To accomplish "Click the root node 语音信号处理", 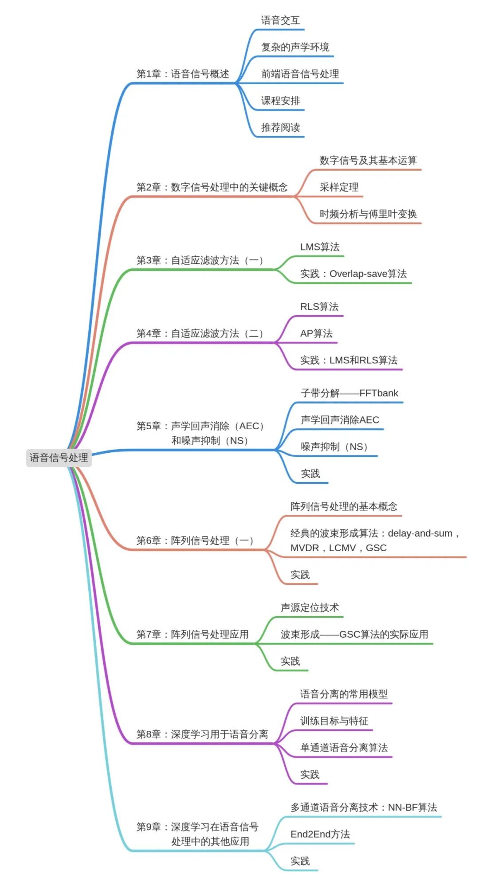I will pos(59,458).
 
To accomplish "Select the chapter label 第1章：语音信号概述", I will pos(182,74).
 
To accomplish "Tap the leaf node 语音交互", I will pos(280,20).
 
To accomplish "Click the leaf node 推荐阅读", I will pos(280,128).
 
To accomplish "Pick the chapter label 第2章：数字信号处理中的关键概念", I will pos(212,187).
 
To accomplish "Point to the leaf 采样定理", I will pos(339,187).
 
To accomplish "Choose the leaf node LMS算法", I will pos(319,247).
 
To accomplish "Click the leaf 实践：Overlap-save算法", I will pos(353,274).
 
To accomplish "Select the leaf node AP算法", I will pos(316,333).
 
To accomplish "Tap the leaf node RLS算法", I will pos(319,306).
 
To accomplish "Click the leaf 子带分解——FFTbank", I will pos(349,393).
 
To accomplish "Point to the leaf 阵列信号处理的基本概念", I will pos(344,506).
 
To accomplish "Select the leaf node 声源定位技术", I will pos(310,608).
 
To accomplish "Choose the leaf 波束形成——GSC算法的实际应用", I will pos(354,634).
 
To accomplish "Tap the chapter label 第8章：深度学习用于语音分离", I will pos(202,734).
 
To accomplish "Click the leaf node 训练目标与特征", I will pos(334,721).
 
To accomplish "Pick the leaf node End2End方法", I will pos(320,834).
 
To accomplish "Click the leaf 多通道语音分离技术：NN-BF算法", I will pos(363,808).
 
